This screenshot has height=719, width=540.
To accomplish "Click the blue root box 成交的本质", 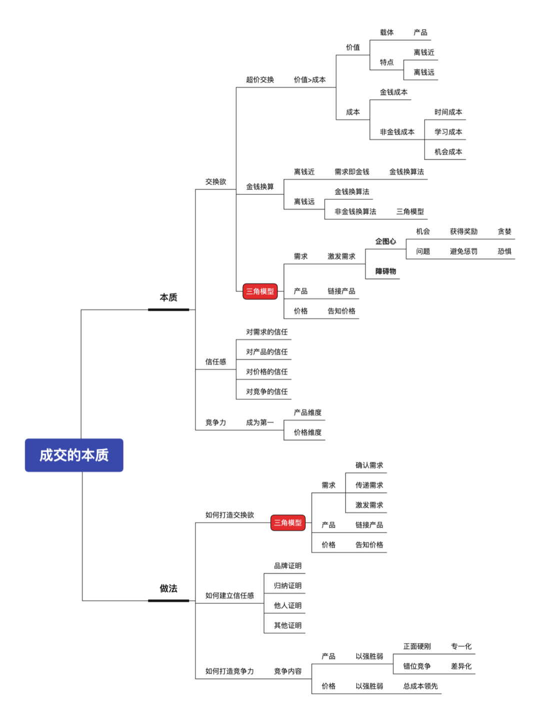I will (x=74, y=455).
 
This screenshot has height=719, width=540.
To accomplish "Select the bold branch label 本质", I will (x=168, y=298).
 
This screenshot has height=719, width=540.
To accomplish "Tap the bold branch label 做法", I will (x=168, y=588).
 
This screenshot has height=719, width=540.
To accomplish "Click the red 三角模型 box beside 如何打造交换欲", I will (x=288, y=523).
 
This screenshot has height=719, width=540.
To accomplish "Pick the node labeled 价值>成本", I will (x=309, y=80).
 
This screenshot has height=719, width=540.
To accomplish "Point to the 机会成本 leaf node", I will (x=448, y=152).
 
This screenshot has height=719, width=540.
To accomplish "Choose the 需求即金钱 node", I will (x=352, y=172).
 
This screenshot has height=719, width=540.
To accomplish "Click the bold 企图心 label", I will (x=385, y=241).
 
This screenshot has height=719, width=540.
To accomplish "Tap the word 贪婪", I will (x=504, y=231).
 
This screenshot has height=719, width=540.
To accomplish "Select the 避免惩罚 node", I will (x=463, y=251).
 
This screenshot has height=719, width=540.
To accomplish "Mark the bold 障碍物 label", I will (x=385, y=271).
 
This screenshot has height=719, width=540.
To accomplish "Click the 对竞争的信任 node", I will (x=266, y=392).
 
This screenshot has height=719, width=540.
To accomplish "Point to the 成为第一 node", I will (x=259, y=422).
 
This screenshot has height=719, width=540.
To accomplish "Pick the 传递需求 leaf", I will (x=369, y=485).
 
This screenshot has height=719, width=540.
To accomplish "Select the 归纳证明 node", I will (x=287, y=585).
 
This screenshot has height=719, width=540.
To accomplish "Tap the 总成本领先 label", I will (x=420, y=686).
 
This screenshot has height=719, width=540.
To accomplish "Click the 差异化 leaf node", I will (x=461, y=666).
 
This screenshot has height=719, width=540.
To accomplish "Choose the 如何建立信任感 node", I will (x=229, y=595).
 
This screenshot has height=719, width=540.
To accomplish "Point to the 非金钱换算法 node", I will (x=355, y=212).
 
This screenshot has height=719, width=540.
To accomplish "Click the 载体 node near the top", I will (x=386, y=33).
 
